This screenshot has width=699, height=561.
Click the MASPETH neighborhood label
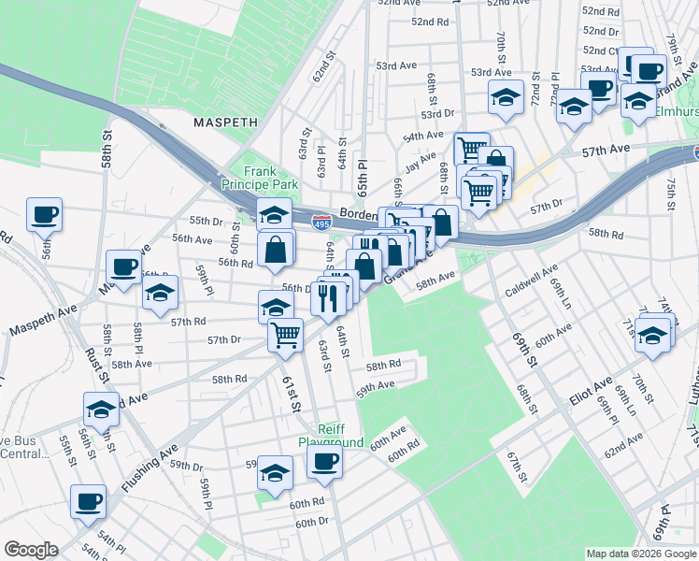(223, 122)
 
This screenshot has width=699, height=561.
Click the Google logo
(31, 550)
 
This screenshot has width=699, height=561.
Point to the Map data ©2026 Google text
(640, 554)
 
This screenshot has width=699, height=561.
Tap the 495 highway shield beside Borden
(320, 222)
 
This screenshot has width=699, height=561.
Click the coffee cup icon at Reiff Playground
(324, 460)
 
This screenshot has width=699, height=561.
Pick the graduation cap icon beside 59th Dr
(275, 473)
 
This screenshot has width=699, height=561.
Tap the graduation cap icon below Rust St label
(101, 409)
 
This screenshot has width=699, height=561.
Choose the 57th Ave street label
(607, 150)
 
